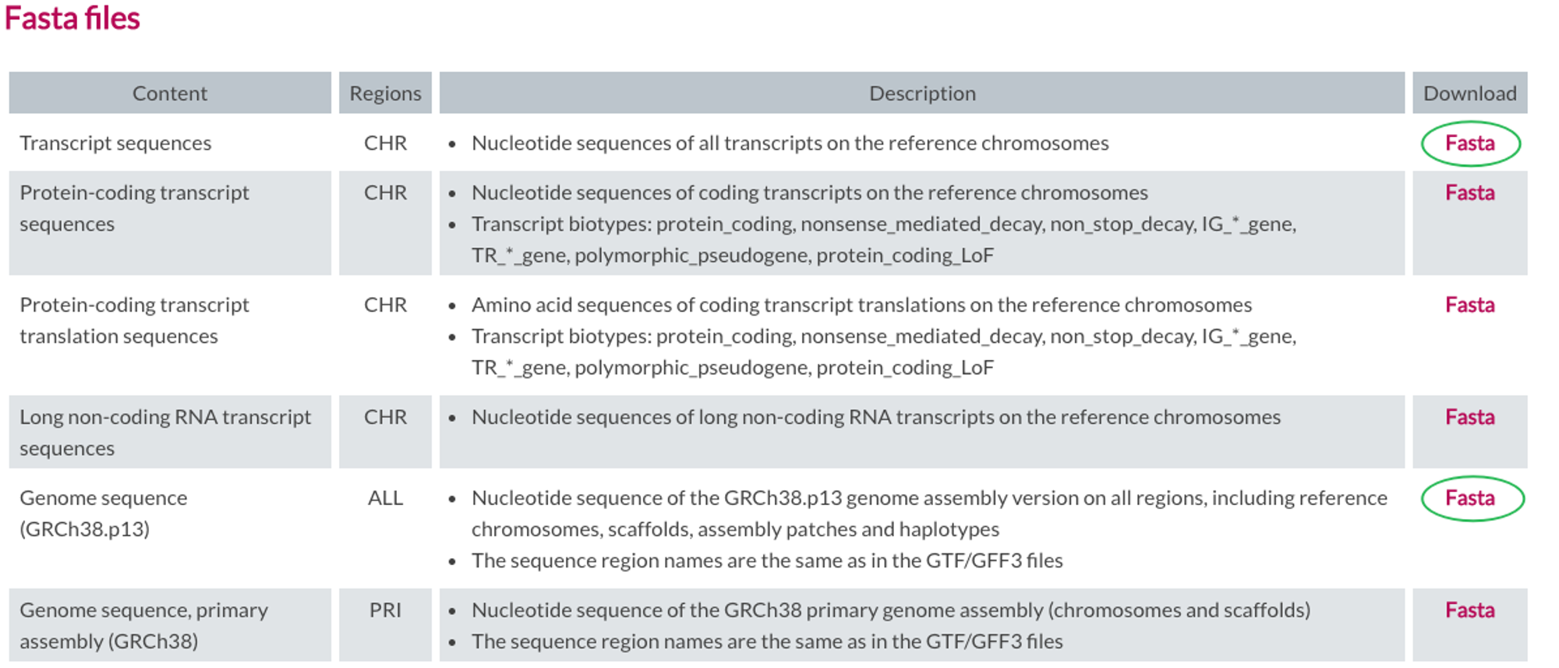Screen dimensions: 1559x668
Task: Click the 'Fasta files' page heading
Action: pyautogui.click(x=72, y=18)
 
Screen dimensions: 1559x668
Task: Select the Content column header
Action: pyautogui.click(x=170, y=94)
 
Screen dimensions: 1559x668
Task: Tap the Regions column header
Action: pyautogui.click(x=385, y=94)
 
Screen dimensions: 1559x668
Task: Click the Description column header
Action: pyautogui.click(x=922, y=94)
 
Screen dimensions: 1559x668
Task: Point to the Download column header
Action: pyautogui.click(x=1470, y=94)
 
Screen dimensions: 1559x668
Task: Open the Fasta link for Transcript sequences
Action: pyautogui.click(x=1470, y=143)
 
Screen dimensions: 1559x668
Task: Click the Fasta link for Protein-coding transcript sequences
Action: pyautogui.click(x=1470, y=193)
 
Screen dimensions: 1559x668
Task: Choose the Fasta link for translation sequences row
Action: pyautogui.click(x=1470, y=305)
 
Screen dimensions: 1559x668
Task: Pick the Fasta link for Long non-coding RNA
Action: pyautogui.click(x=1470, y=417)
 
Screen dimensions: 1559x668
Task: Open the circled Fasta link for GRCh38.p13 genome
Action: pyautogui.click(x=1470, y=498)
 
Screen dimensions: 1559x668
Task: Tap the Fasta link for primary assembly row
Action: pyautogui.click(x=1470, y=610)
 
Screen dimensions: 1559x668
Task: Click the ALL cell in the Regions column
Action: pyautogui.click(x=385, y=498)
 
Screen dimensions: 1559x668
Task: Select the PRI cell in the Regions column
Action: pyautogui.click(x=385, y=610)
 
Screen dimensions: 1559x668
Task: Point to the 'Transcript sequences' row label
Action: pyautogui.click(x=115, y=143)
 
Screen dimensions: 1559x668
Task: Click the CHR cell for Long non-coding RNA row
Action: pyautogui.click(x=385, y=417)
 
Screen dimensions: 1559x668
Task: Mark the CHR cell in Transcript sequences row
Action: pyautogui.click(x=385, y=143)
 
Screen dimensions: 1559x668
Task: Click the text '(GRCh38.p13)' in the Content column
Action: pyautogui.click(x=84, y=529)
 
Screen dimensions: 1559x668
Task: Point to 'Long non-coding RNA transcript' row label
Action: pyautogui.click(x=165, y=417)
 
